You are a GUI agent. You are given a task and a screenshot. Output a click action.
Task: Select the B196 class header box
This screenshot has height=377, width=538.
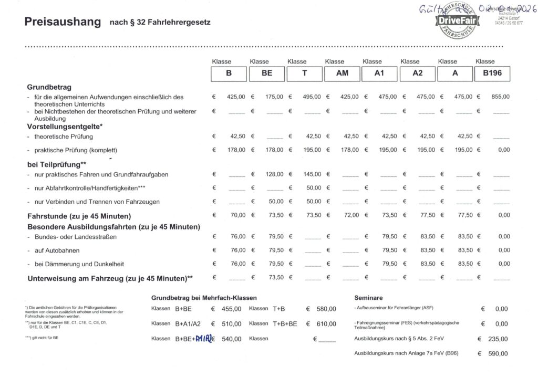[492, 74]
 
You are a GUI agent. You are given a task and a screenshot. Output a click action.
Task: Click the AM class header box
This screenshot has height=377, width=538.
[342, 74]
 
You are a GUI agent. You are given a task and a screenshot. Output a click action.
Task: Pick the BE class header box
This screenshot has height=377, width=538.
[267, 74]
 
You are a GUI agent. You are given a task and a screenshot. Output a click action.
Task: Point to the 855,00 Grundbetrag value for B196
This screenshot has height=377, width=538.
[499, 97]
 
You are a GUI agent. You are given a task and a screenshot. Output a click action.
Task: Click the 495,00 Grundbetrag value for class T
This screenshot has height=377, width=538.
[310, 97]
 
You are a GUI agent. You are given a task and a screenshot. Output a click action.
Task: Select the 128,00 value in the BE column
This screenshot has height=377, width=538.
[273, 174]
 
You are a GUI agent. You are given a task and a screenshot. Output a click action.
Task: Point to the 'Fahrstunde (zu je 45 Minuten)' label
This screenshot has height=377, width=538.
[79, 216]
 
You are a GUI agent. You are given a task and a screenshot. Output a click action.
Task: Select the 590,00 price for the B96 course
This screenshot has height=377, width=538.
[498, 354]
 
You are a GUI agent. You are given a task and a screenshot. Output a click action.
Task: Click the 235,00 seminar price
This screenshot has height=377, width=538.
[498, 339]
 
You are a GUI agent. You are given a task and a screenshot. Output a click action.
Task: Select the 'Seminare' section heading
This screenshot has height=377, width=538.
[368, 297]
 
